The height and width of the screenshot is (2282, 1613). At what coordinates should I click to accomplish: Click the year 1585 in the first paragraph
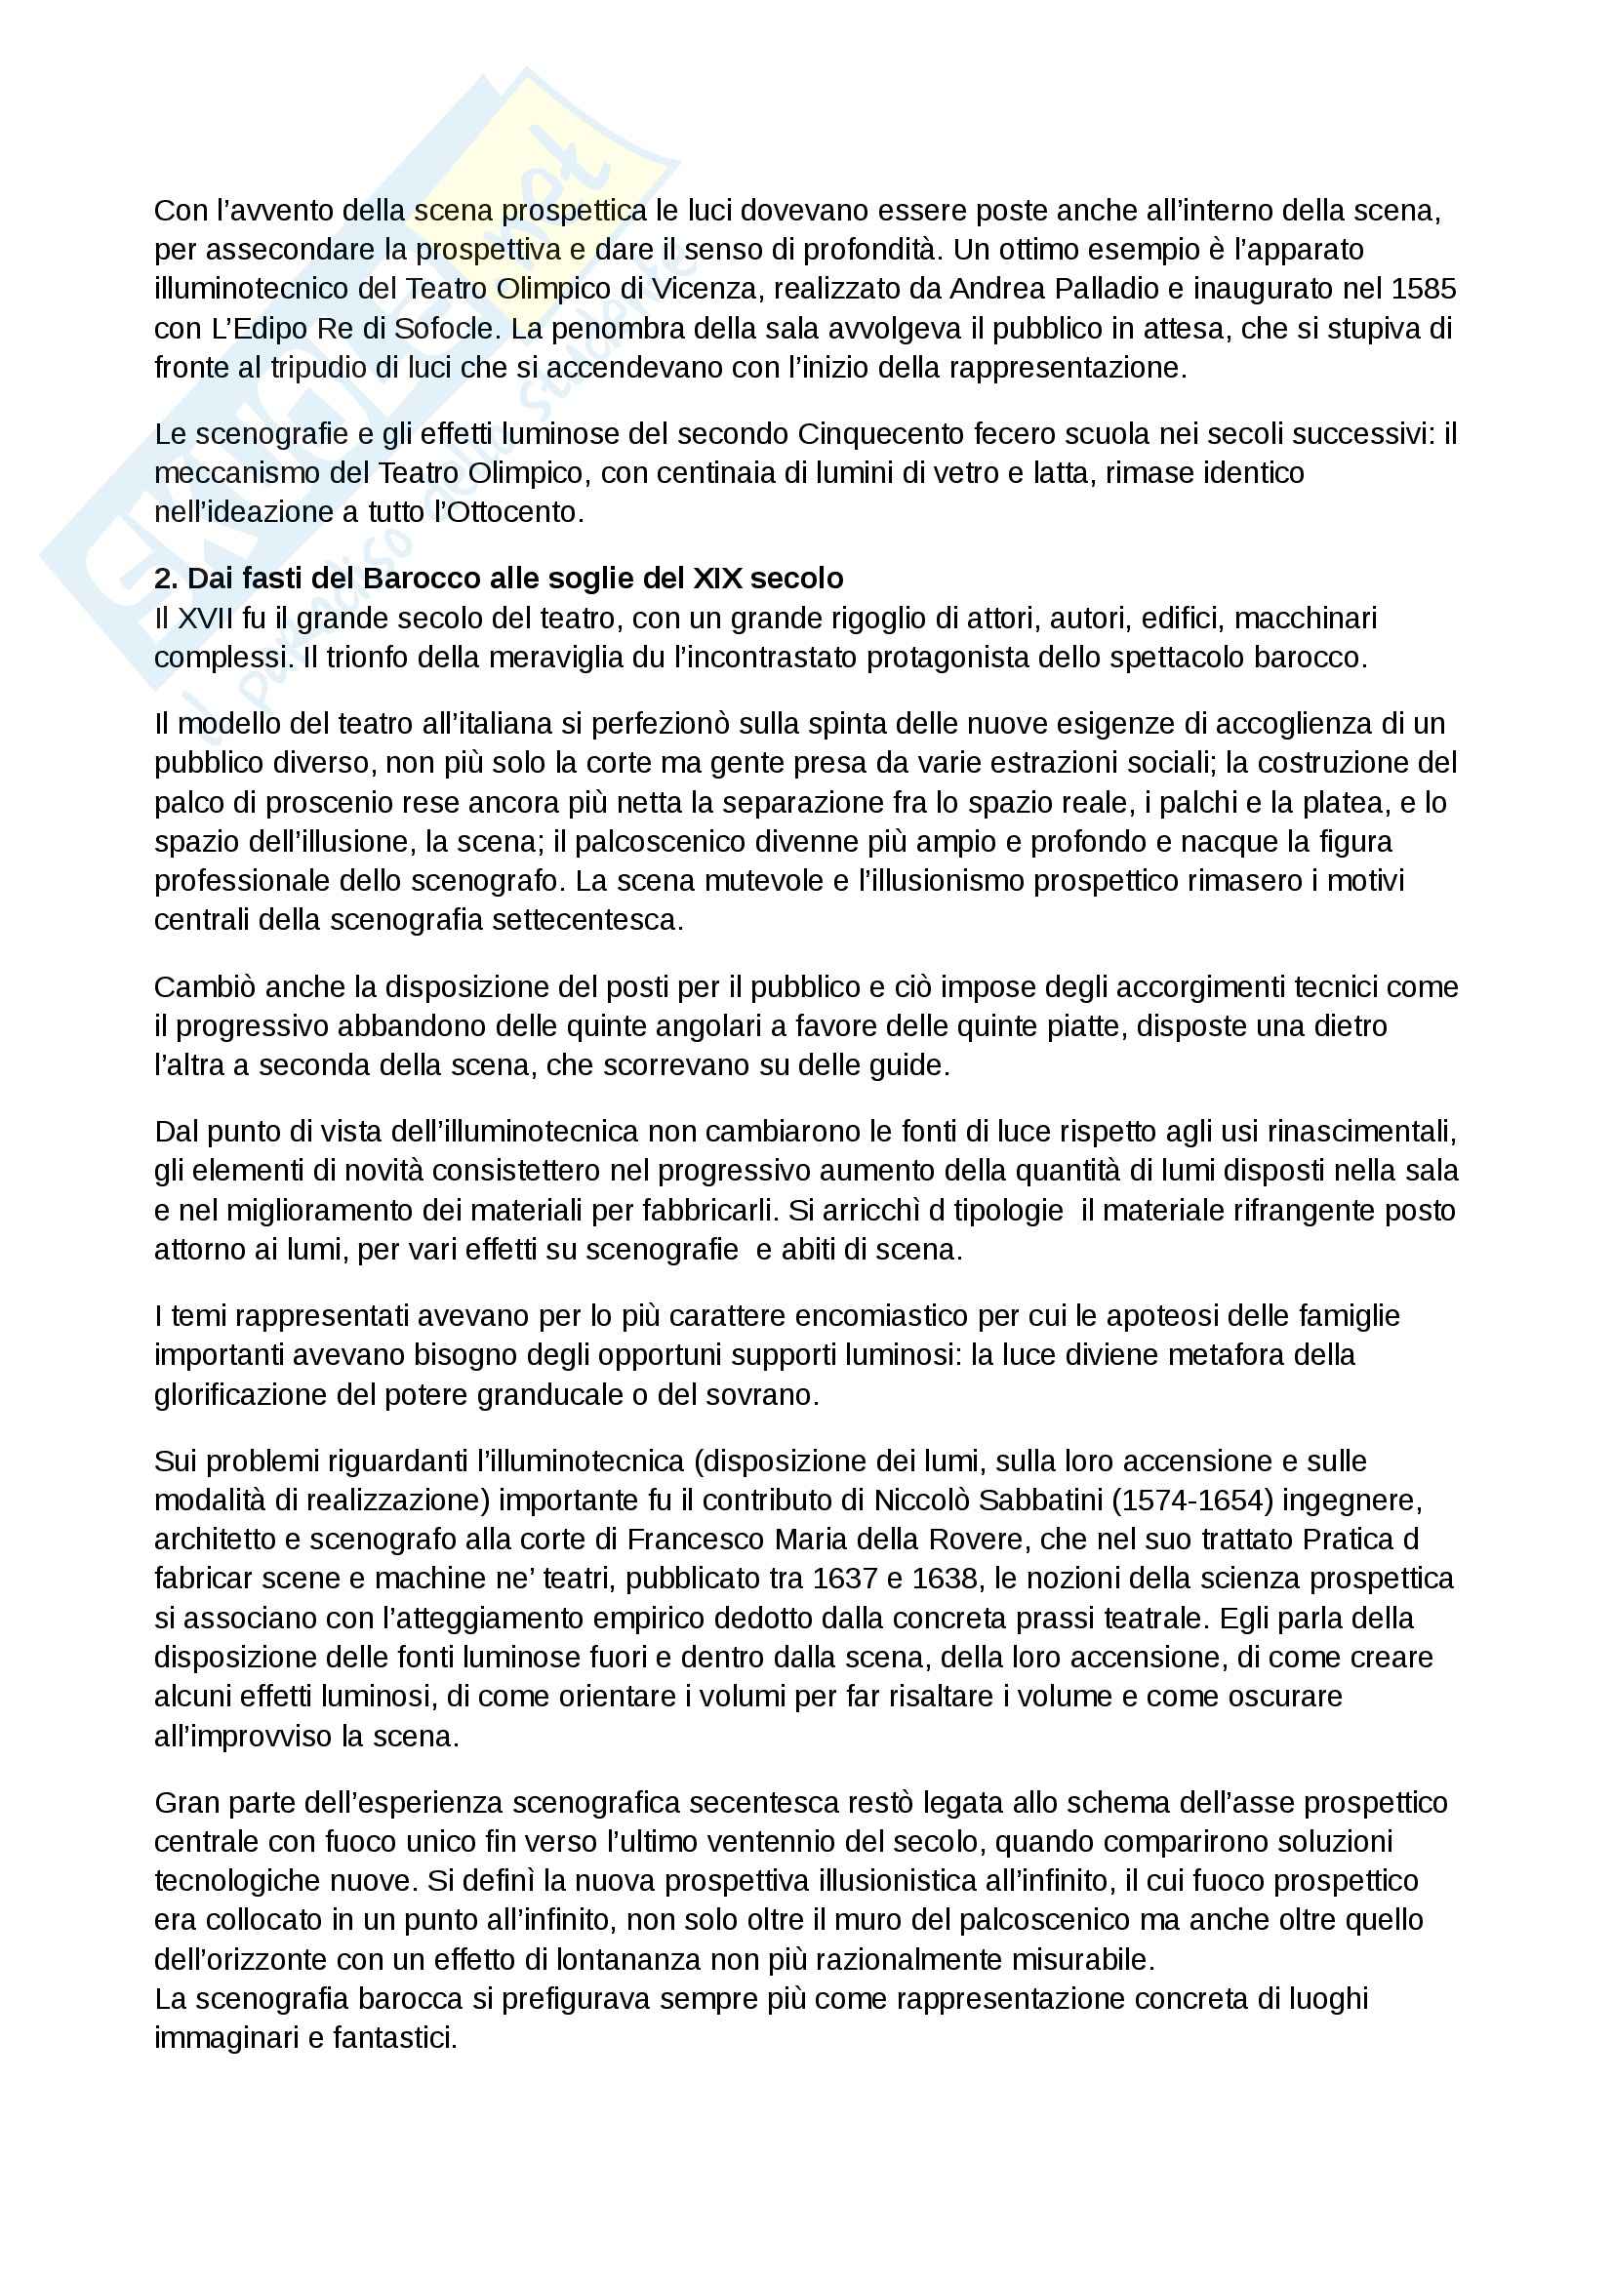pyautogui.click(x=1423, y=289)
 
